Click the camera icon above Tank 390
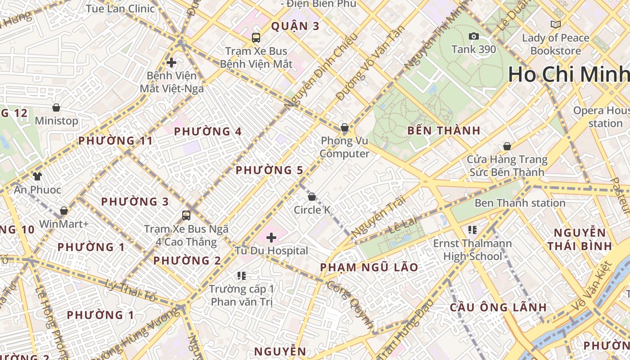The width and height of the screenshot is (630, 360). tap(474, 36)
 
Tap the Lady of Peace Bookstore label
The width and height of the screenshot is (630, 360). tap(556, 44)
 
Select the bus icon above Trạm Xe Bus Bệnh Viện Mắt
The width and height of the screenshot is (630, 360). tap(256, 38)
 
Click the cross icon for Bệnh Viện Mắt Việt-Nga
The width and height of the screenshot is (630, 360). tap(171, 63)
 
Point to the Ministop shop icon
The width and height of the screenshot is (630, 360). tap(56, 108)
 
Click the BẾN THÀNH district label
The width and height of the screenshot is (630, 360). tap(444, 131)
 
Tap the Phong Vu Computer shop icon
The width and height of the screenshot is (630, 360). tap(345, 128)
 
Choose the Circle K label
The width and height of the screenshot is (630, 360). tap(312, 210)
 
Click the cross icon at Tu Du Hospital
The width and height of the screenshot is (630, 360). tap(271, 237)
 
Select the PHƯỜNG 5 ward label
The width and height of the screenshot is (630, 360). tap(269, 170)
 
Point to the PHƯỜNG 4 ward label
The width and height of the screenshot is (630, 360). tap(208, 131)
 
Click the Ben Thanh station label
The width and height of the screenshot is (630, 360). tap(520, 203)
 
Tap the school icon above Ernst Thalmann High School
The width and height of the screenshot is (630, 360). tap(472, 230)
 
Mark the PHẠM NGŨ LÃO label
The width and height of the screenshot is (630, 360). tap(369, 267)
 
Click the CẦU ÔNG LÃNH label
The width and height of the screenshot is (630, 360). tap(499, 308)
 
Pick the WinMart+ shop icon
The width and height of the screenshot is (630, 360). tap(64, 211)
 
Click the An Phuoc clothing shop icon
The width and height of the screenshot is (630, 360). tap(37, 176)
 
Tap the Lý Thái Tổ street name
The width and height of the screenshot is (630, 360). tap(130, 290)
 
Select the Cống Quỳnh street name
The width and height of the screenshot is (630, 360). tap(351, 304)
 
